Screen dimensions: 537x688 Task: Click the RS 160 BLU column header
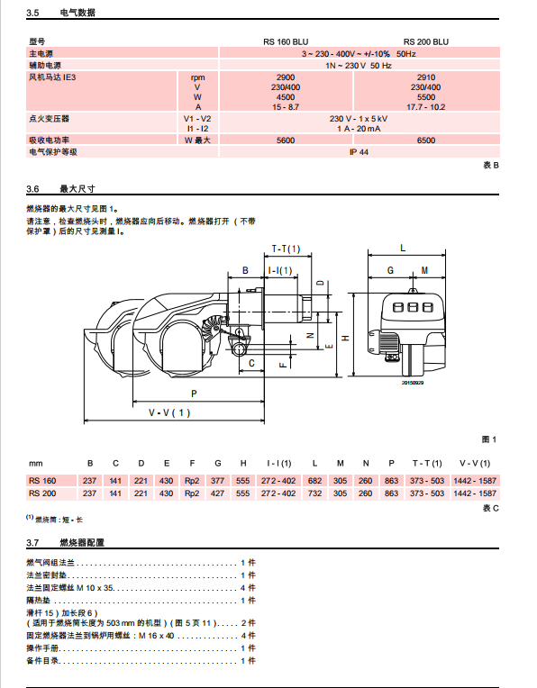286,42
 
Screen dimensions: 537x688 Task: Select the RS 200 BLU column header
426,42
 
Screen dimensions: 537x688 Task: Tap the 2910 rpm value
426,77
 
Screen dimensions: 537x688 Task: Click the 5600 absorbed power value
286,140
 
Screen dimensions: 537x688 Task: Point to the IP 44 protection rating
359,152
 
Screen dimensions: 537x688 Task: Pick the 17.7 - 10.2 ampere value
426,107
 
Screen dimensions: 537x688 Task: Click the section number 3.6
32,189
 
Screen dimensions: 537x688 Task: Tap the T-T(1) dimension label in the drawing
286,249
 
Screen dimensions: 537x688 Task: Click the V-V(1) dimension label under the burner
169,412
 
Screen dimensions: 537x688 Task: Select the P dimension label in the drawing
194,394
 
